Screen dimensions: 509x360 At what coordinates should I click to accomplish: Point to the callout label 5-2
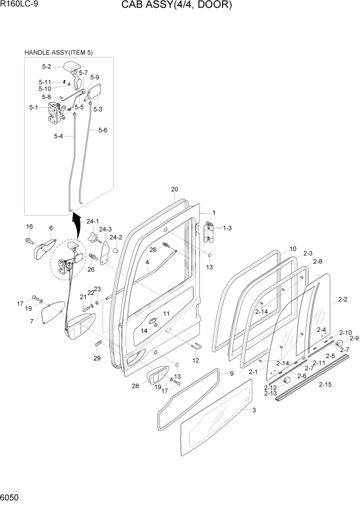pos(46,66)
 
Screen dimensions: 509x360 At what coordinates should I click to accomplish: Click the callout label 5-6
pos(102,130)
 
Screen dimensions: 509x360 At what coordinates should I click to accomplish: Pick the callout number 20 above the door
pos(174,189)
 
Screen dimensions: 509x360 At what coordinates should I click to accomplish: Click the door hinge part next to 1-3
pos(209,232)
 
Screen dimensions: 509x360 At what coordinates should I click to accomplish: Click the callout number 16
pos(29,227)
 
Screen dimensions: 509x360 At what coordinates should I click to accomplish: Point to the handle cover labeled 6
pos(44,248)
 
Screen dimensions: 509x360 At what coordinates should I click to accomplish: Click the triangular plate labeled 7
pos(51,312)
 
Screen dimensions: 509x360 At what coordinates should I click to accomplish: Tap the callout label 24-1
pos(92,222)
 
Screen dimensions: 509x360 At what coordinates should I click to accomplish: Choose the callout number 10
pos(292,249)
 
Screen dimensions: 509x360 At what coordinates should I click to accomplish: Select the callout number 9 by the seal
pos(231,373)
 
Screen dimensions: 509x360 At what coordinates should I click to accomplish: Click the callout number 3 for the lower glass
pos(254,410)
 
